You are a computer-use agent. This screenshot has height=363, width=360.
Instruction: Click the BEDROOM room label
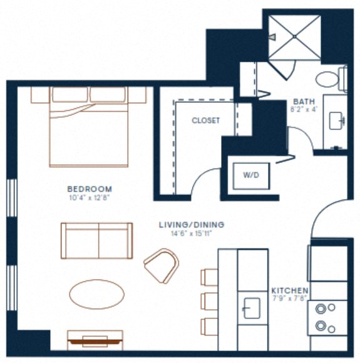click(90, 189)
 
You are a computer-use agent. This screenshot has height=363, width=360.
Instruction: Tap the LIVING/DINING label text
click(192, 224)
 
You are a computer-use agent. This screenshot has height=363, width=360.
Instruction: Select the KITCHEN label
click(289, 291)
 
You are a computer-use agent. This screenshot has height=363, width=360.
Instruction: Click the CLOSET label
click(205, 120)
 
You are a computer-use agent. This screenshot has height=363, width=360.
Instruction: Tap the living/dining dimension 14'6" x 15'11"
click(192, 233)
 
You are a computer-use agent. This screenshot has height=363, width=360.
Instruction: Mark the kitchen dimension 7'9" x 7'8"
click(289, 300)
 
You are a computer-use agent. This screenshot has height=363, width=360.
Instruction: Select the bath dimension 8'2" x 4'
click(304, 109)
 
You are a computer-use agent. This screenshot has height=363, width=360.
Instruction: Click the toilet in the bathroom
click(329, 80)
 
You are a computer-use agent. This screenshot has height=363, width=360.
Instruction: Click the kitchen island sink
click(252, 308)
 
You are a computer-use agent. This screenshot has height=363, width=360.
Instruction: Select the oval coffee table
click(96, 293)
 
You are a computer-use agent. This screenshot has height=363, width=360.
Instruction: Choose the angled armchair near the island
click(161, 265)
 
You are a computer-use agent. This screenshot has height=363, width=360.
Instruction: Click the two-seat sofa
click(96, 240)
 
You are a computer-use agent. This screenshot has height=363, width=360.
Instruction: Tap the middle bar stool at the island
click(209, 301)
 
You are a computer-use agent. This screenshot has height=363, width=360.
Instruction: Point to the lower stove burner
click(322, 325)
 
